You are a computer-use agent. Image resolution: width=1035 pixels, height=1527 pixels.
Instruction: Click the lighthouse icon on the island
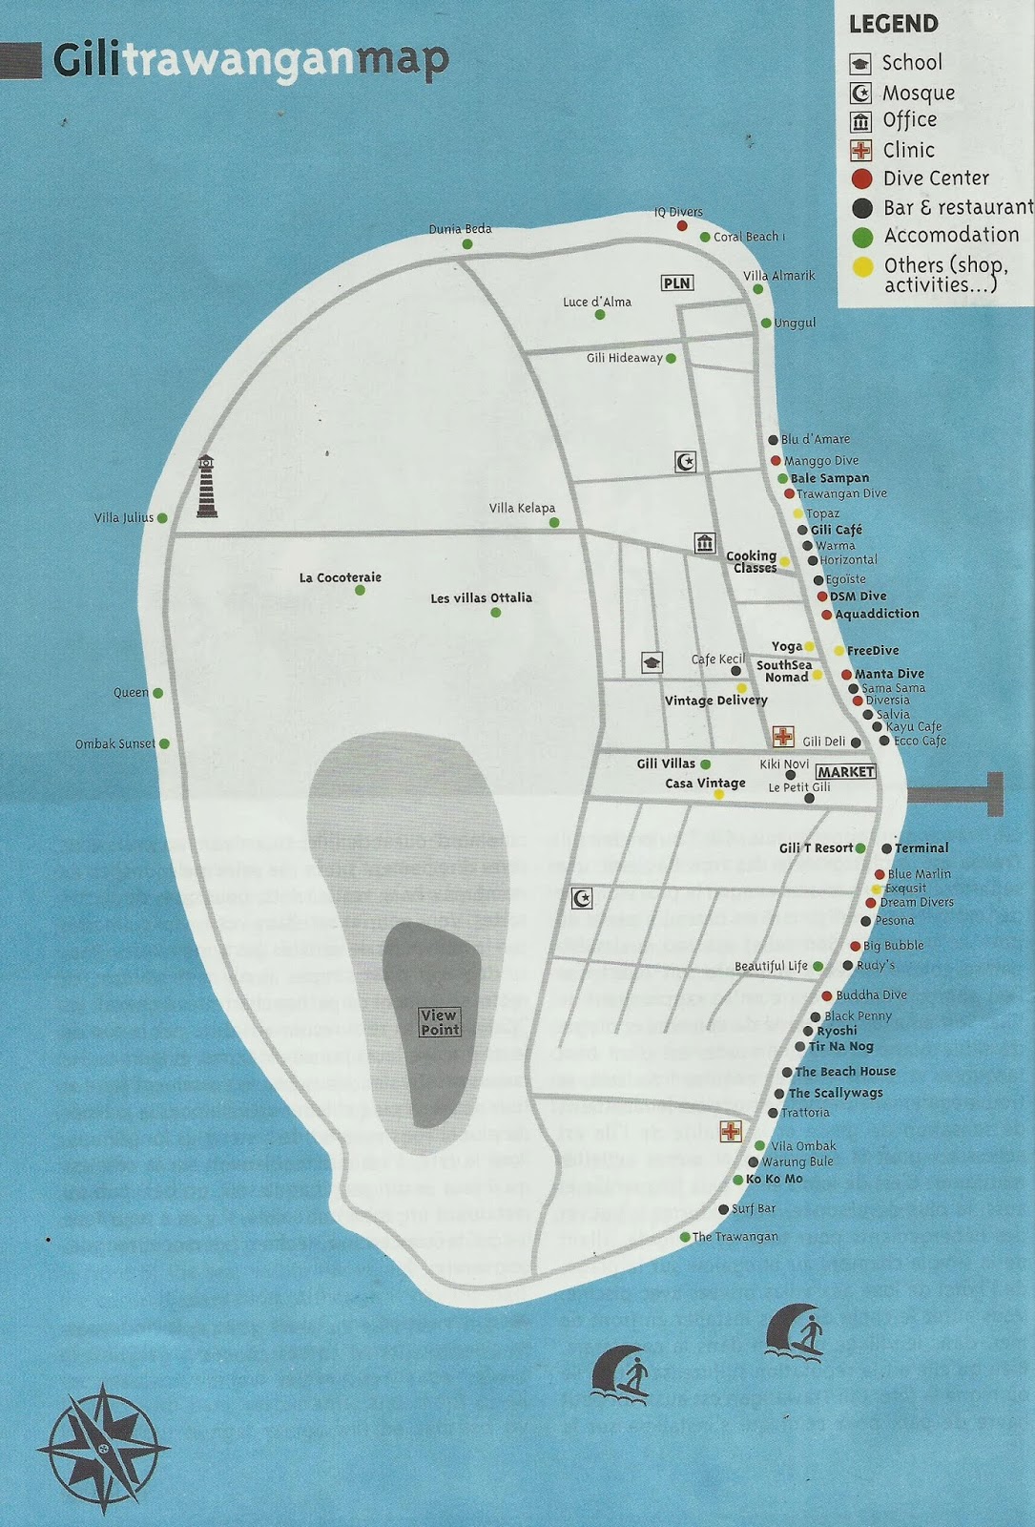click(x=206, y=487)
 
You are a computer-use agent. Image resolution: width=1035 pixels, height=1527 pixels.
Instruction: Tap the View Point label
click(x=440, y=1022)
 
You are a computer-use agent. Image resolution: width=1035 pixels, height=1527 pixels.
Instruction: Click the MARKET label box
click(x=845, y=771)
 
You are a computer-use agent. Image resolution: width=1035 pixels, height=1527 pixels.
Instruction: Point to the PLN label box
click(x=676, y=282)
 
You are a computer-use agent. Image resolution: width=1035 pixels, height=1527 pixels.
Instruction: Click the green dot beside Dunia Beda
click(x=467, y=244)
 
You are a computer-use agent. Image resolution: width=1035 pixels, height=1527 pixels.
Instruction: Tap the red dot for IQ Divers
click(x=682, y=226)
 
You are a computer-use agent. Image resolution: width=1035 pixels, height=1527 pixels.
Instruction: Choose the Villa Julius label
click(x=124, y=518)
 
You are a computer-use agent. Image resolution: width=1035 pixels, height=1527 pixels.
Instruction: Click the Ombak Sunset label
click(x=115, y=743)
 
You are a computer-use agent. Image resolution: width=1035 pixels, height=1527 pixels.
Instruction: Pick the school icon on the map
click(x=652, y=662)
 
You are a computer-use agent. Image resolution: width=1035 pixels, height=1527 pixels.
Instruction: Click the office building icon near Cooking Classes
click(x=705, y=543)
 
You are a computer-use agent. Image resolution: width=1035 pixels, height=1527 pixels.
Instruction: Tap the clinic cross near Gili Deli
click(x=783, y=736)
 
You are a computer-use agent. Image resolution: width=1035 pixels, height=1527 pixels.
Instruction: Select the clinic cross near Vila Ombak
click(x=731, y=1132)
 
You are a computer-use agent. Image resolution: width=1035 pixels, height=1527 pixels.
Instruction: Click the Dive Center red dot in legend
click(x=861, y=178)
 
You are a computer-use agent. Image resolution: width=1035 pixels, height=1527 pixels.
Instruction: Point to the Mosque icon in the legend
click(x=860, y=93)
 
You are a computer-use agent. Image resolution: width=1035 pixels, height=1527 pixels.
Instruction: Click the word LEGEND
click(x=893, y=25)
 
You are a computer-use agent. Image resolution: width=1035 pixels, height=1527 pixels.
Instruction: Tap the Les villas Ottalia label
click(x=481, y=598)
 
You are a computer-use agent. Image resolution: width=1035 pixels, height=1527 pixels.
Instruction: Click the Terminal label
click(x=921, y=847)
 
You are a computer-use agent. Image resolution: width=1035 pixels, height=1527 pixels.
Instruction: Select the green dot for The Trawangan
click(x=685, y=1237)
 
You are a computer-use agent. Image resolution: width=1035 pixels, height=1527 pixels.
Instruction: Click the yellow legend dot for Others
click(x=862, y=266)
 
